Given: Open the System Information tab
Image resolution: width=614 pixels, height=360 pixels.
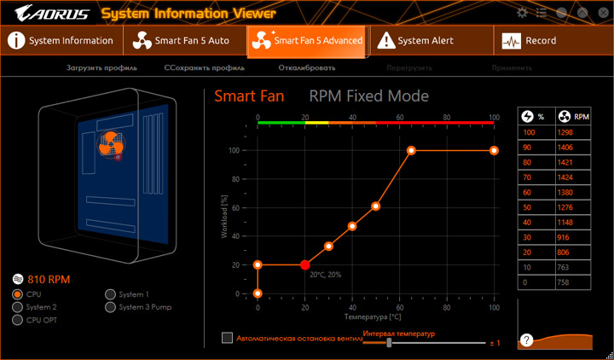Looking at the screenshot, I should click(62, 40).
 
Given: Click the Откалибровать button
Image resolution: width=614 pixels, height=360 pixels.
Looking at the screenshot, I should click(306, 67).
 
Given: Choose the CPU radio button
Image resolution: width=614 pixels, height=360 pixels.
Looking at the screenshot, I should click(18, 293).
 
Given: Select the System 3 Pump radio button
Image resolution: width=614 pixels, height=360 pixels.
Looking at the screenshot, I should click(110, 307).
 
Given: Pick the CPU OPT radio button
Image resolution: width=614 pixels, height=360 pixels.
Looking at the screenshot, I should click(18, 320).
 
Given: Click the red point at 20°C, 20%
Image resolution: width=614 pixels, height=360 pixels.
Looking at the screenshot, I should click(305, 265).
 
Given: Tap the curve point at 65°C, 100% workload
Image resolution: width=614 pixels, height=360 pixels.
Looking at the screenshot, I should click(411, 150).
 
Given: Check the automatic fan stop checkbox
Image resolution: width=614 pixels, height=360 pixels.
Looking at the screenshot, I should click(227, 338).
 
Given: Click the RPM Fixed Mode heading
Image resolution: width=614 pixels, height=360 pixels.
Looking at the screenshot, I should click(368, 96).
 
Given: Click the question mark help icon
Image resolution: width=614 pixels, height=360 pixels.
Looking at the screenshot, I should click(528, 340).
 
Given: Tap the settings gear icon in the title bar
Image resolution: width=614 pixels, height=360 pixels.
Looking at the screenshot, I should click(523, 13).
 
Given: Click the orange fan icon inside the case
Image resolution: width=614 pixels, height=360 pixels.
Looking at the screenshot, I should click(108, 146).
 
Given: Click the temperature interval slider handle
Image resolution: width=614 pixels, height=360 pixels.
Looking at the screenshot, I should click(389, 342).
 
